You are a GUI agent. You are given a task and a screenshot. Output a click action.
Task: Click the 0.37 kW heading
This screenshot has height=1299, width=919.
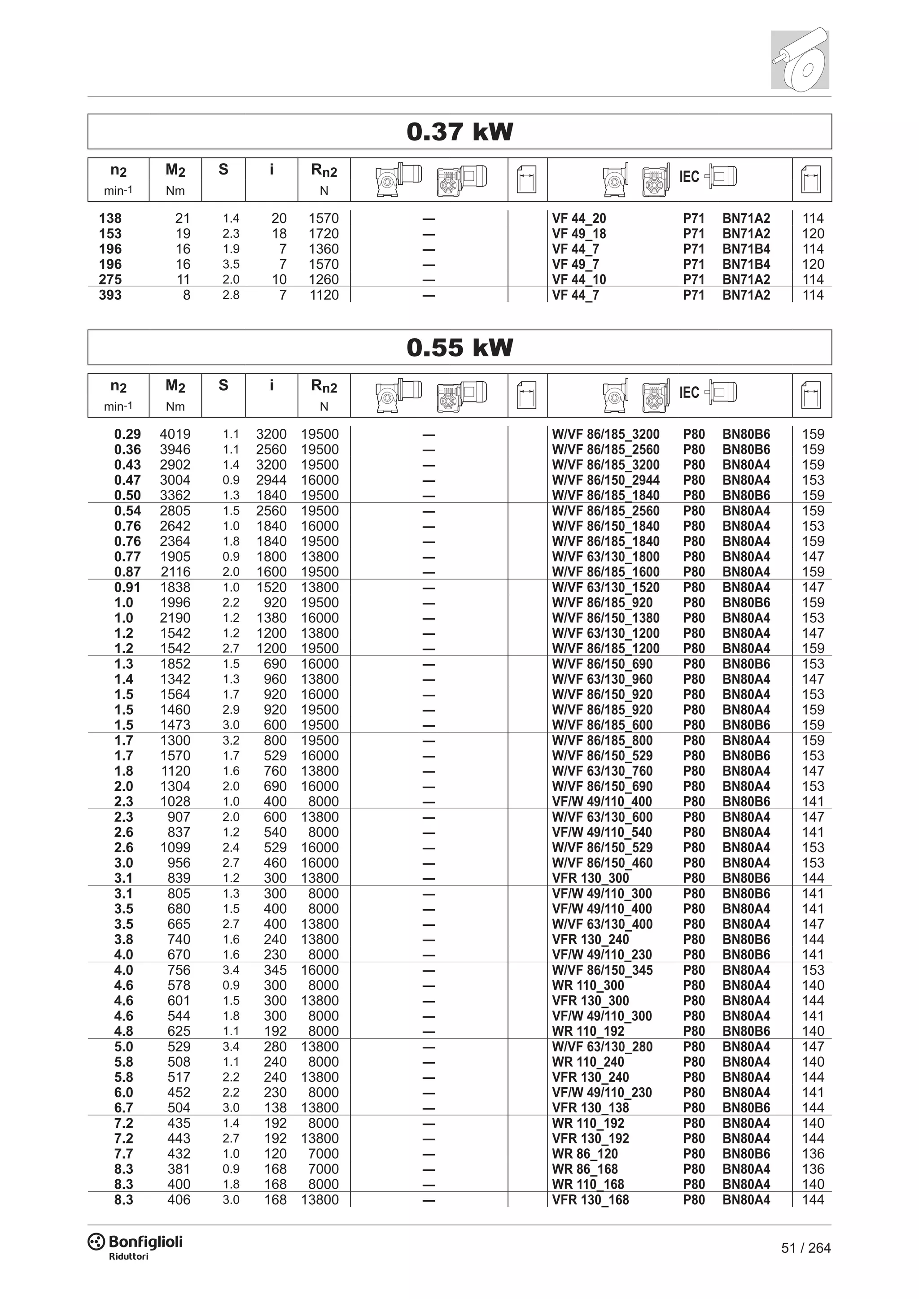coord(459,132)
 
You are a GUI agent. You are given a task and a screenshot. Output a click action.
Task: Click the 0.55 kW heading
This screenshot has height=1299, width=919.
coord(459,347)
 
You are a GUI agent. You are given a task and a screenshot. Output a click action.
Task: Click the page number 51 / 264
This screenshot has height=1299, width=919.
coord(805,1247)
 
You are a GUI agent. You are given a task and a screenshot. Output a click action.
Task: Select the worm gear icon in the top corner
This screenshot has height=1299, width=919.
coord(800,59)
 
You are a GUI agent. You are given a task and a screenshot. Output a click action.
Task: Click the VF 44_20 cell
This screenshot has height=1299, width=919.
coord(579,218)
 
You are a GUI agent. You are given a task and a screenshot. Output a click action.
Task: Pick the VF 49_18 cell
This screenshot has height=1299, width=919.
coord(579,234)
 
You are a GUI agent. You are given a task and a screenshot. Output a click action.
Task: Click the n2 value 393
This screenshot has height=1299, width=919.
coord(110,295)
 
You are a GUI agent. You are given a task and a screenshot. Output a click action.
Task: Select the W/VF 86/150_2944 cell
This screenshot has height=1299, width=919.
coord(605,480)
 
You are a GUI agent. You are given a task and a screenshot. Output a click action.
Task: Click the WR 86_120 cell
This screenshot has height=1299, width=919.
coord(585,1154)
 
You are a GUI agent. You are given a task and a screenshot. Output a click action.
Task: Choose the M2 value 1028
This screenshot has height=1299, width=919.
coord(175,801)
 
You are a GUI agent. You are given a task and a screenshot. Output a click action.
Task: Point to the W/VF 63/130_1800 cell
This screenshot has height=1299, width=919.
coord(605,556)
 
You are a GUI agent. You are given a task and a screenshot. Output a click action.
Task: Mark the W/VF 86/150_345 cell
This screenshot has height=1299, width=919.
coord(602,970)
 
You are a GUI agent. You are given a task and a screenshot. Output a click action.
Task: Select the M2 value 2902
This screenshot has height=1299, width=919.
coord(175,465)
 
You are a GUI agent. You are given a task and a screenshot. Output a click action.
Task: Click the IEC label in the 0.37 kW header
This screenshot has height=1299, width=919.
coord(689,177)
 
